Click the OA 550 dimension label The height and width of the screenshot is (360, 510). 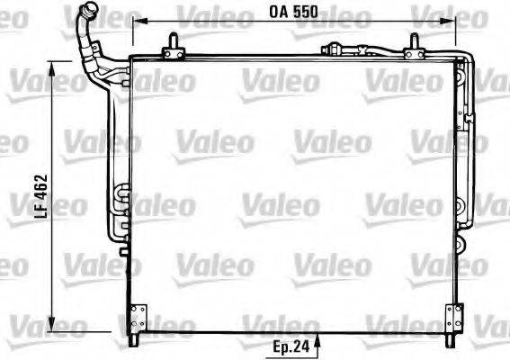pyautogui.click(x=293, y=12)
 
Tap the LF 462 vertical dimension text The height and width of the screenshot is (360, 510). pyautogui.click(x=41, y=196)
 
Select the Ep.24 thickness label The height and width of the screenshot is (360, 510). pyautogui.click(x=291, y=347)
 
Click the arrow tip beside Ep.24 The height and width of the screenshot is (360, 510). pyautogui.click(x=318, y=336)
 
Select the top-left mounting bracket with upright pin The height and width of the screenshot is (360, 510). pyautogui.click(x=174, y=48)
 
